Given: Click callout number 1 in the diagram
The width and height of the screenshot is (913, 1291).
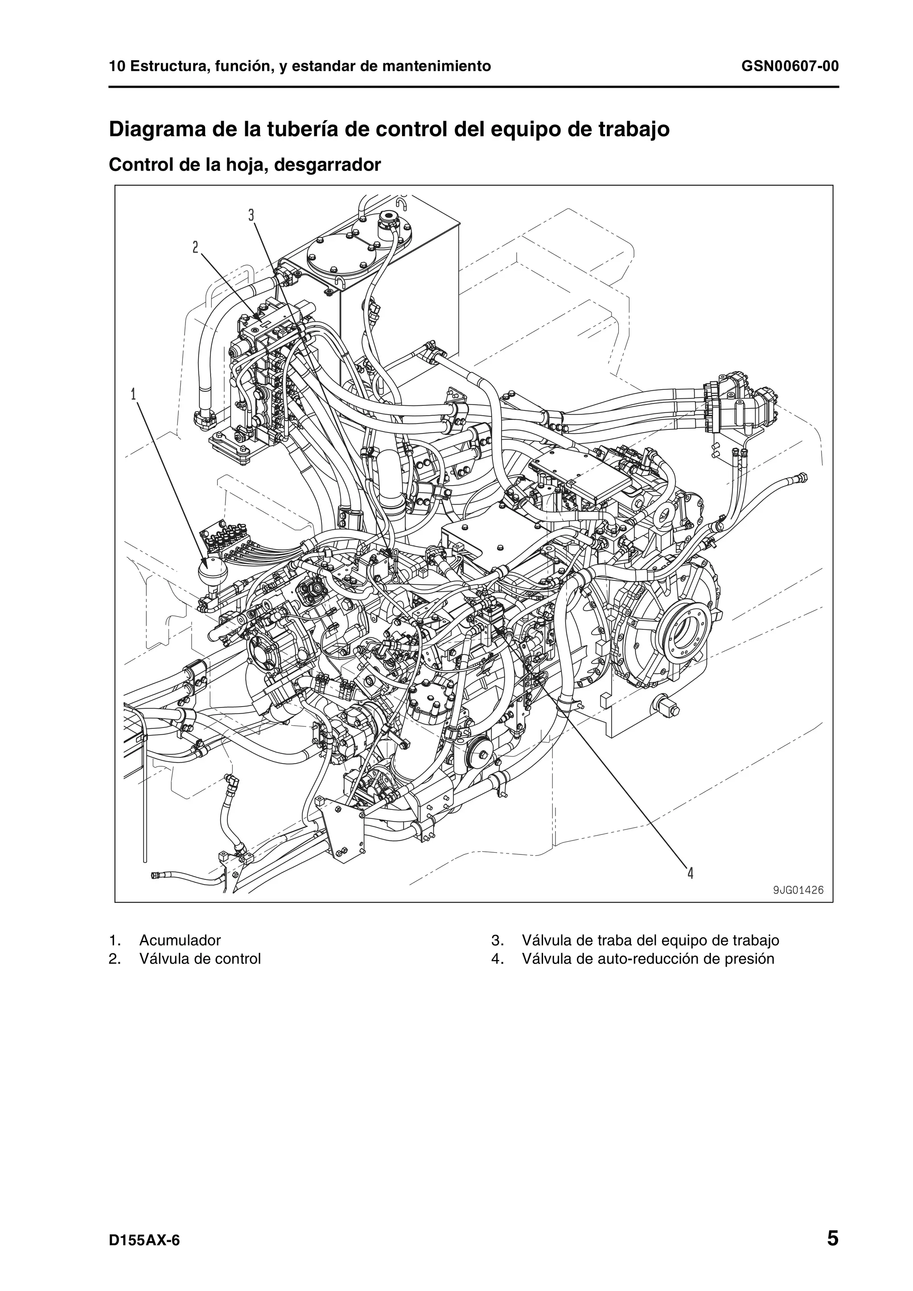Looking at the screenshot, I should pyautogui.click(x=133, y=394).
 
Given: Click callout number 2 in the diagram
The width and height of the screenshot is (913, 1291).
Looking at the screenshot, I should pyautogui.click(x=195, y=247).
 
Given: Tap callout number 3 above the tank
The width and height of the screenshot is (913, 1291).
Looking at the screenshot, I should pyautogui.click(x=251, y=215).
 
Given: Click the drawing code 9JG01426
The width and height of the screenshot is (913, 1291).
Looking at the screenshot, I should pyautogui.click(x=798, y=890).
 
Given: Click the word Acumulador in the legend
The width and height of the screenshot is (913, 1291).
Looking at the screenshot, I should pyautogui.click(x=180, y=940).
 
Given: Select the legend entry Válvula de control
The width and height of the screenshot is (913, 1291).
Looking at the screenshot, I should pyautogui.click(x=200, y=959).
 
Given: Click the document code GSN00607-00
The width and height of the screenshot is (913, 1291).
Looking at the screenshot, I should pyautogui.click(x=790, y=67).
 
